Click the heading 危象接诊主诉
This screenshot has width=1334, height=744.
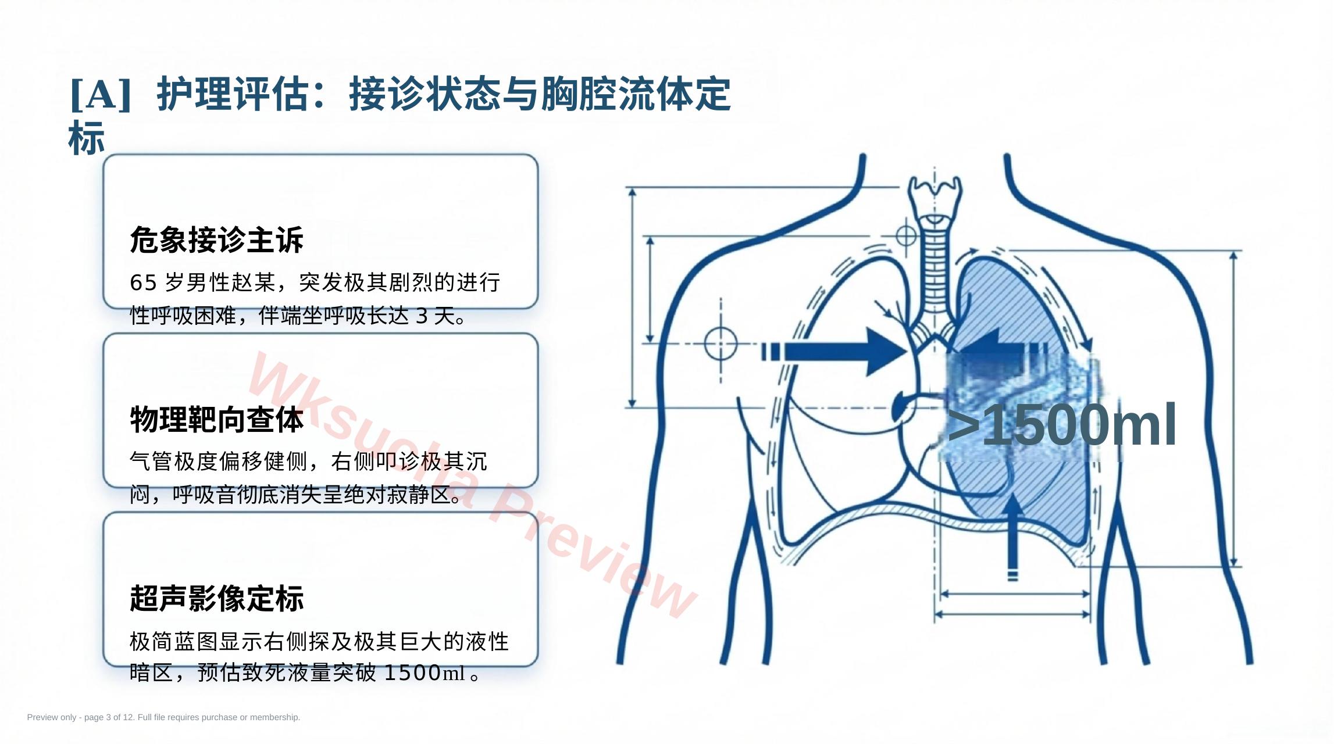tap(216, 240)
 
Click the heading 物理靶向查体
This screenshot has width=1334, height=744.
tap(216, 419)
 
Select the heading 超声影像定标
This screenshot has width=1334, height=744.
tap(216, 598)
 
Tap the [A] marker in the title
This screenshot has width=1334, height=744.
tap(100, 94)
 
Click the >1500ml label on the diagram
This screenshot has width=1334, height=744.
tap(1062, 425)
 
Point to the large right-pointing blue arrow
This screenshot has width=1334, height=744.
tap(834, 352)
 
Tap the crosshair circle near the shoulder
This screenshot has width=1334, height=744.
tap(720, 343)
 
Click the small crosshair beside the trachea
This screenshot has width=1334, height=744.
tap(906, 236)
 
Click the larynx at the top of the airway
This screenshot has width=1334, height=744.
tap(934, 198)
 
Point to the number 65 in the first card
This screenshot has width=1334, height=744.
tap(144, 282)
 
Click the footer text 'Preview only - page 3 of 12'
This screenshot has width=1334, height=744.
tap(109, 717)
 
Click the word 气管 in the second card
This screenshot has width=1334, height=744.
tap(151, 462)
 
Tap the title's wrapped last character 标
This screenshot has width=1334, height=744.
tap(87, 138)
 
